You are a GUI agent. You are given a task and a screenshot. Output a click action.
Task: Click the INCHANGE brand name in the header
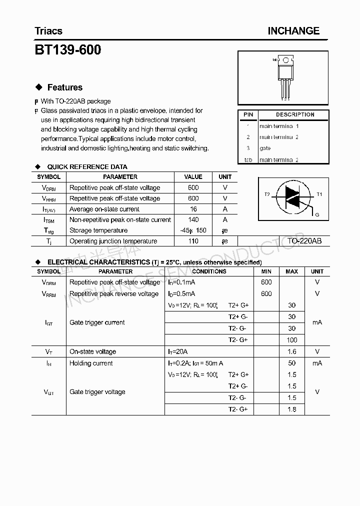click(293, 31)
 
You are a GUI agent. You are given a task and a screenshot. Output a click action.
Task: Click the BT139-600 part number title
click(67, 50)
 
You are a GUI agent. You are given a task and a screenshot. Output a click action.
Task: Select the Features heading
click(64, 87)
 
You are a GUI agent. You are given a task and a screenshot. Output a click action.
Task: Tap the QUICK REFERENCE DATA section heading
click(87, 166)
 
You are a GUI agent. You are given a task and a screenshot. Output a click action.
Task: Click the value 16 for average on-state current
click(193, 209)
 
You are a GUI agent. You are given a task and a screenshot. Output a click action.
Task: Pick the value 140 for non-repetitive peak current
click(193, 219)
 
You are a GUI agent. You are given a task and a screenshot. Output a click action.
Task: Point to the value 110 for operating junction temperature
click(193, 241)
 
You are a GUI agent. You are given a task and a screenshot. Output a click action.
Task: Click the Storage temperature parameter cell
click(98, 230)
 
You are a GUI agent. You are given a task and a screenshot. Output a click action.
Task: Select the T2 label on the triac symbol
click(267, 194)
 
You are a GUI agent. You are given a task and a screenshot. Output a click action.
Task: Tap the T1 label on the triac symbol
click(319, 194)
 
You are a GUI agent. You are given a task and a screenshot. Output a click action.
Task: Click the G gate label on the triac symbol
click(316, 214)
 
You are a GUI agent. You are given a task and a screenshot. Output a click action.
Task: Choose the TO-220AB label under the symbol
click(304, 241)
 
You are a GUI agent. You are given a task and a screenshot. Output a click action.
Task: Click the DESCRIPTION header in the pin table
click(295, 114)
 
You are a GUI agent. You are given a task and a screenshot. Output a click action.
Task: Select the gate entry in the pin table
click(265, 148)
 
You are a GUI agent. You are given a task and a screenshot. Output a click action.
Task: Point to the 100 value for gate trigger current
click(292, 340)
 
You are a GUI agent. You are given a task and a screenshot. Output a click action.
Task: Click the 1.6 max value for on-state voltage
click(292, 351)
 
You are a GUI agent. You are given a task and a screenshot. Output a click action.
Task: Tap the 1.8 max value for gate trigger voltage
click(292, 409)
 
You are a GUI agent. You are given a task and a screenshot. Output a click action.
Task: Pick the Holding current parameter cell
click(91, 363)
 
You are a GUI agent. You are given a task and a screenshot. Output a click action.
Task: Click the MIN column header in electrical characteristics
click(266, 271)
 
